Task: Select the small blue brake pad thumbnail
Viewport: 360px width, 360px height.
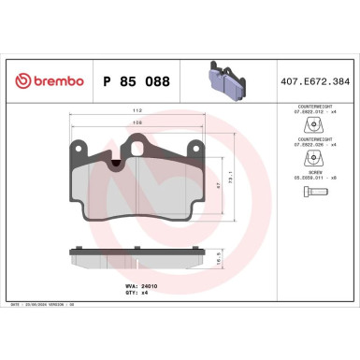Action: click(x=221, y=79)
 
